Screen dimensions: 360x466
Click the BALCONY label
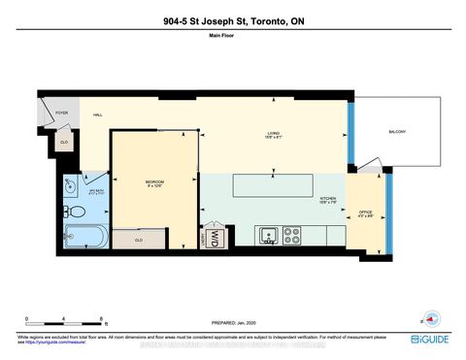[x=396, y=132]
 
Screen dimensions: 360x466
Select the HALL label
[x=98, y=115]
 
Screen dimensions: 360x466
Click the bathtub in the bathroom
[x=84, y=234]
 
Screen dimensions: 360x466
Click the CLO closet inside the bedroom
[x=138, y=238]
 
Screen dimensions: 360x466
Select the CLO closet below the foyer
[x=64, y=142]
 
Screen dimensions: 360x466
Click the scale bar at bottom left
[x=66, y=320]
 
